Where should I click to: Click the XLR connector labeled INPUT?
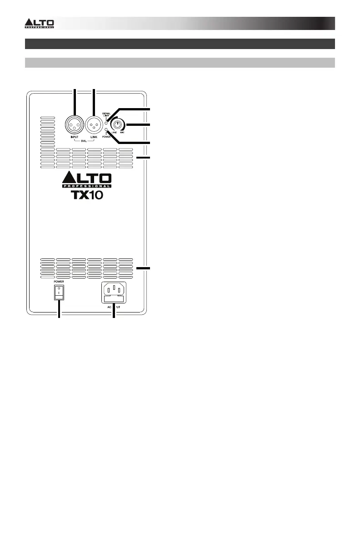click(74, 124)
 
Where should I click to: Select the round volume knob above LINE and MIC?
click(118, 125)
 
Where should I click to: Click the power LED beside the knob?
click(106, 130)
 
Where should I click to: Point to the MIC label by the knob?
click(123, 134)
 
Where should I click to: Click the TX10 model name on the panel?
click(86, 196)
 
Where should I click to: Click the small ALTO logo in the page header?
click(39, 23)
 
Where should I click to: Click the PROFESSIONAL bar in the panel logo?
click(86, 186)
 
